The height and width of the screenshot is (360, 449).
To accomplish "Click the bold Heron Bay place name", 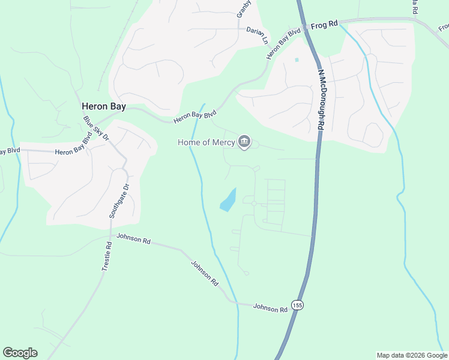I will [x=104, y=106].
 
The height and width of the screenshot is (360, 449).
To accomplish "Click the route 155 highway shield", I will [x=297, y=305].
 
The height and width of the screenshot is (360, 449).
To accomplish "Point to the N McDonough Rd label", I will [x=321, y=100].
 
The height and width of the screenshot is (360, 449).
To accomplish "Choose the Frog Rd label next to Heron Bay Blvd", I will [x=325, y=25].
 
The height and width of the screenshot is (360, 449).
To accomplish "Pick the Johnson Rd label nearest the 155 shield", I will [x=270, y=308].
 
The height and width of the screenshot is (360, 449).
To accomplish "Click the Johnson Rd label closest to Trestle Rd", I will [x=133, y=238].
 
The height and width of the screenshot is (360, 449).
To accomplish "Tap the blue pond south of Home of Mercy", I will [x=228, y=200].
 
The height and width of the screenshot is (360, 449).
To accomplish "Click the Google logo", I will [x=20, y=353].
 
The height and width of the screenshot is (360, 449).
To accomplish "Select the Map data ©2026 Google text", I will [x=412, y=355].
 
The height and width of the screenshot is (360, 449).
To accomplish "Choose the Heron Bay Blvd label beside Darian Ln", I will [x=283, y=44].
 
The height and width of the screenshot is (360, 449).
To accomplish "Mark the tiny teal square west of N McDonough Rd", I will [x=297, y=60].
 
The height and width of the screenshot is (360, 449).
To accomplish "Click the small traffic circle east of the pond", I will [x=254, y=204].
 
